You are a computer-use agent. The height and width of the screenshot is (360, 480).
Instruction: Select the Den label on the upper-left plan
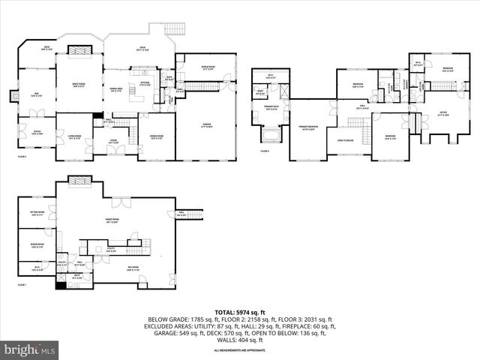click(x=35, y=94)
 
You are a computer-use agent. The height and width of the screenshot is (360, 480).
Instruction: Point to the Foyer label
click(x=115, y=139)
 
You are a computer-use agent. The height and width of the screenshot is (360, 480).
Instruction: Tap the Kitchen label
click(x=145, y=83)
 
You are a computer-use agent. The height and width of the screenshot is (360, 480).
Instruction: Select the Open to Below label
click(x=346, y=141)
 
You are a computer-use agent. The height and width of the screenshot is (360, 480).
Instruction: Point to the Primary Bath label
click(x=270, y=108)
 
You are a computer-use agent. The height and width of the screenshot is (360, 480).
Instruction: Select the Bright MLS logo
click(x=30, y=349)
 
